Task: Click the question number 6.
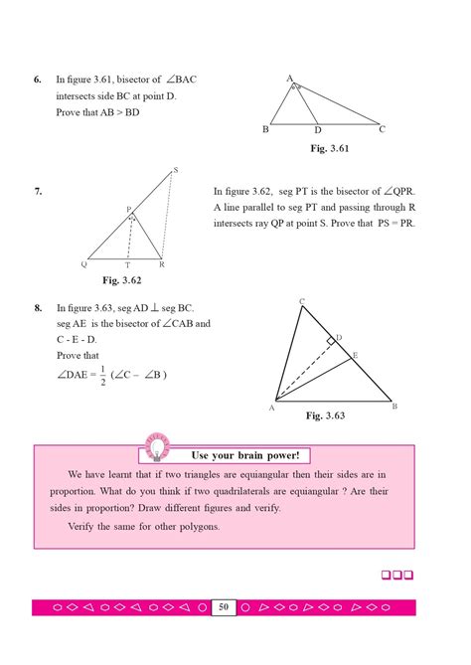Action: (37, 79)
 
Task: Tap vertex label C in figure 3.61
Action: (382, 129)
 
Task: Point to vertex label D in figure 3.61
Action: (318, 131)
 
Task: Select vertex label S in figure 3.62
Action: (176, 171)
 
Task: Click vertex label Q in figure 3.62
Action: (84, 265)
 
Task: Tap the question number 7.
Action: (37, 191)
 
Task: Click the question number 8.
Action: (37, 308)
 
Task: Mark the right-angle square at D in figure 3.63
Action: (329, 341)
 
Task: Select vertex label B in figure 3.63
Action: (394, 407)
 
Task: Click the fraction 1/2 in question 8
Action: (102, 375)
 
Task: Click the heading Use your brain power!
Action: (244, 455)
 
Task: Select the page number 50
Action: (224, 606)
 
